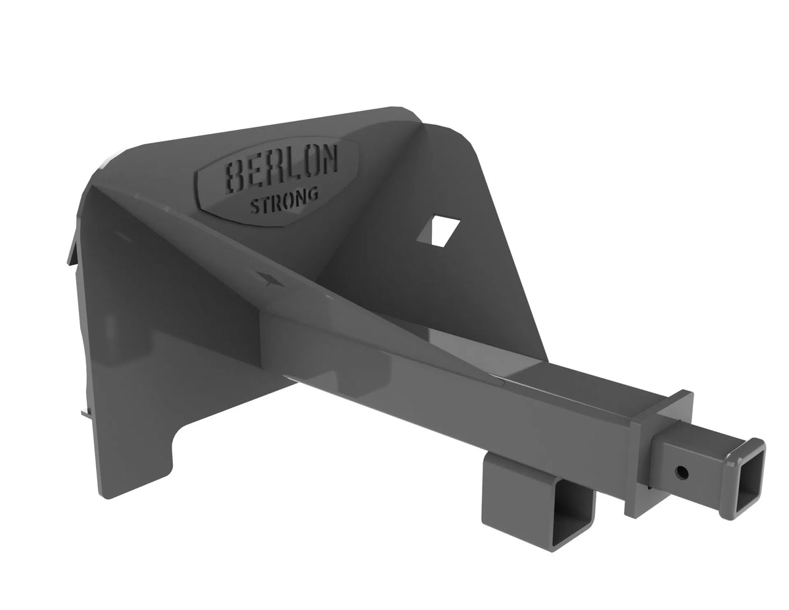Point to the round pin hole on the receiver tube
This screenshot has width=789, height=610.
click(682, 472)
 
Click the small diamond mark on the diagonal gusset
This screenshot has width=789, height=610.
click(269, 280)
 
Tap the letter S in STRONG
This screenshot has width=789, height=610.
click(254, 206)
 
